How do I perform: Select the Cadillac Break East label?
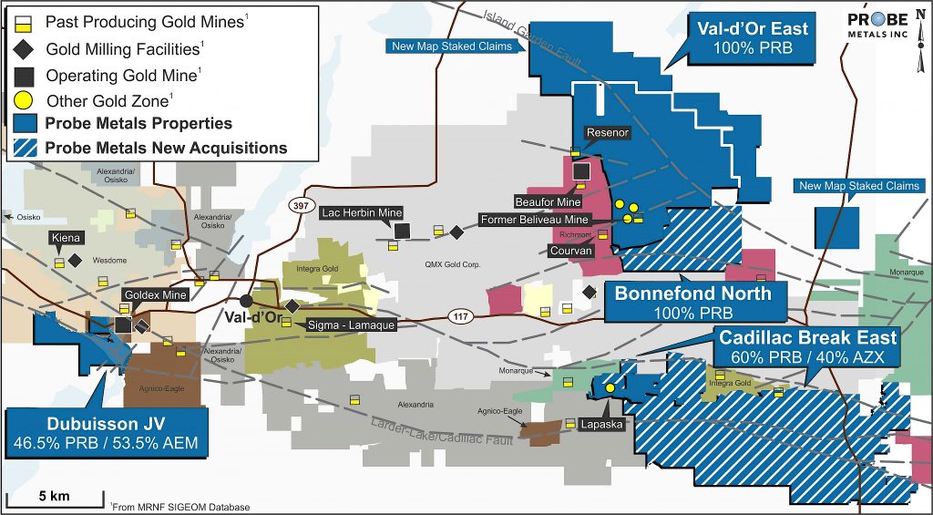click(807, 347)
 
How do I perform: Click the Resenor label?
click(608, 133)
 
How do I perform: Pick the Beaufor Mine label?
click(548, 201)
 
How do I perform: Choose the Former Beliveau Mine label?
click(535, 220)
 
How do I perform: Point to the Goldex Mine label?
click(155, 295)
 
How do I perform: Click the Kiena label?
click(67, 238)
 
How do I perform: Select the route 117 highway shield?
click(461, 315)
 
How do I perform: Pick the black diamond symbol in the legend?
click(27, 48)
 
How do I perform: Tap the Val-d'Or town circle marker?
click(246, 301)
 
